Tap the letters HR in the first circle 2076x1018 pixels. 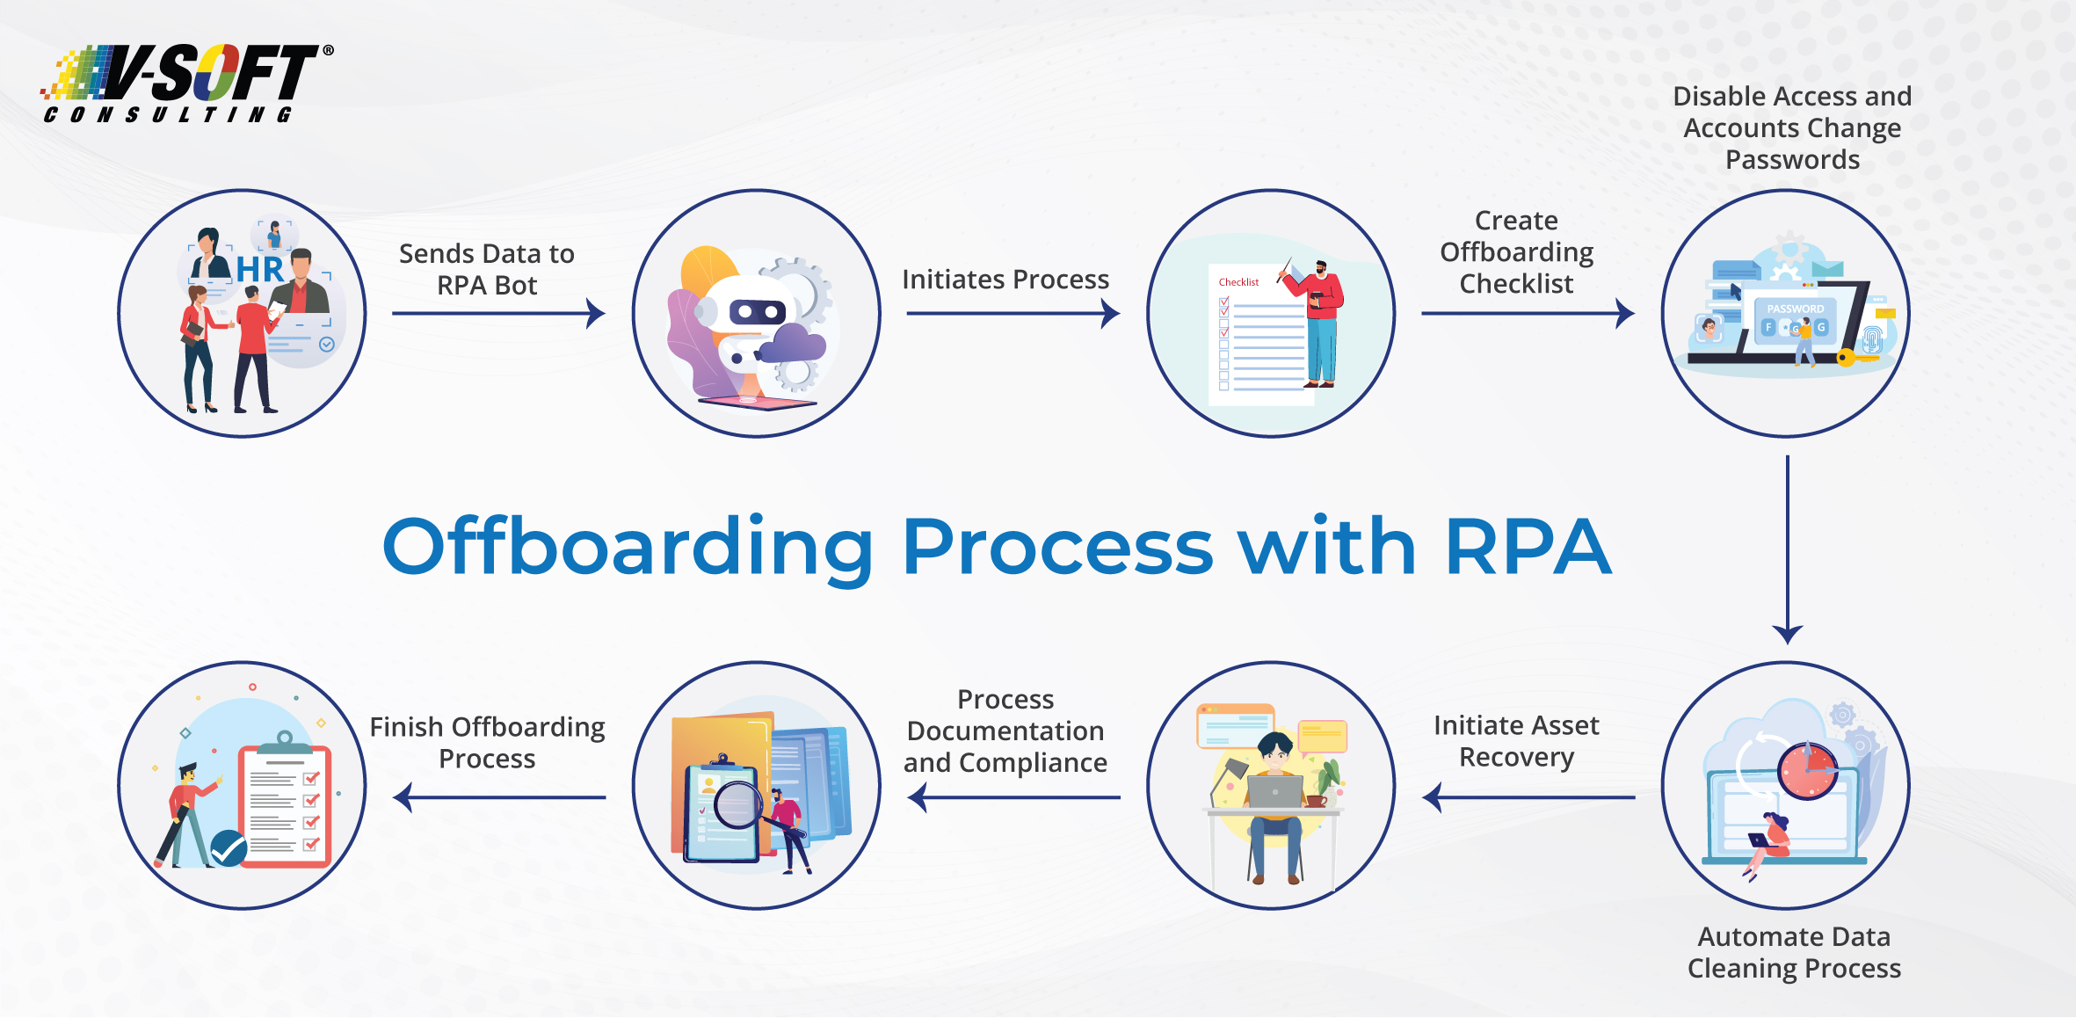[x=260, y=269]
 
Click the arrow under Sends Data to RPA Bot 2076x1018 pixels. [x=498, y=313]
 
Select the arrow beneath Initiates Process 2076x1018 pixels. [x=1013, y=313]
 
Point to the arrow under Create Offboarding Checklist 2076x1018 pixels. [x=1528, y=313]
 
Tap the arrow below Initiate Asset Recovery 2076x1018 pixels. [x=1529, y=797]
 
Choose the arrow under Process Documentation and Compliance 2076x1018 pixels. [x=1014, y=797]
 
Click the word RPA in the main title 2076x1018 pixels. [x=1528, y=547]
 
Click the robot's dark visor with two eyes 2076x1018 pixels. [x=757, y=311]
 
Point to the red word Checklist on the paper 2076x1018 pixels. [x=1238, y=282]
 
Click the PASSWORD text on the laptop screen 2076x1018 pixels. [x=1796, y=309]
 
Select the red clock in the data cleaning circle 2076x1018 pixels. [x=1807, y=771]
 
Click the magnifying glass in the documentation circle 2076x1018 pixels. [x=738, y=805]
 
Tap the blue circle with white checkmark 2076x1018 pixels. [x=229, y=848]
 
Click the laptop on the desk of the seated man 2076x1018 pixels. [x=1274, y=791]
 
